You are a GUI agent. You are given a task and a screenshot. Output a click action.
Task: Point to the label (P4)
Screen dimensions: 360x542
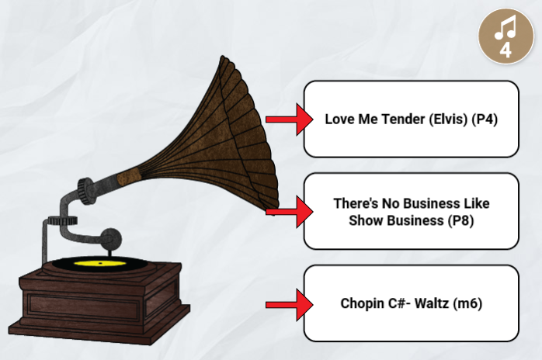coord(485,119)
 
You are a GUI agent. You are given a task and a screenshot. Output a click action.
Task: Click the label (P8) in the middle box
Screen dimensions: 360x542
coord(460,220)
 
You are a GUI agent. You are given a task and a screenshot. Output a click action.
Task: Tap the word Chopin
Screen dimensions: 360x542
coord(360,303)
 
